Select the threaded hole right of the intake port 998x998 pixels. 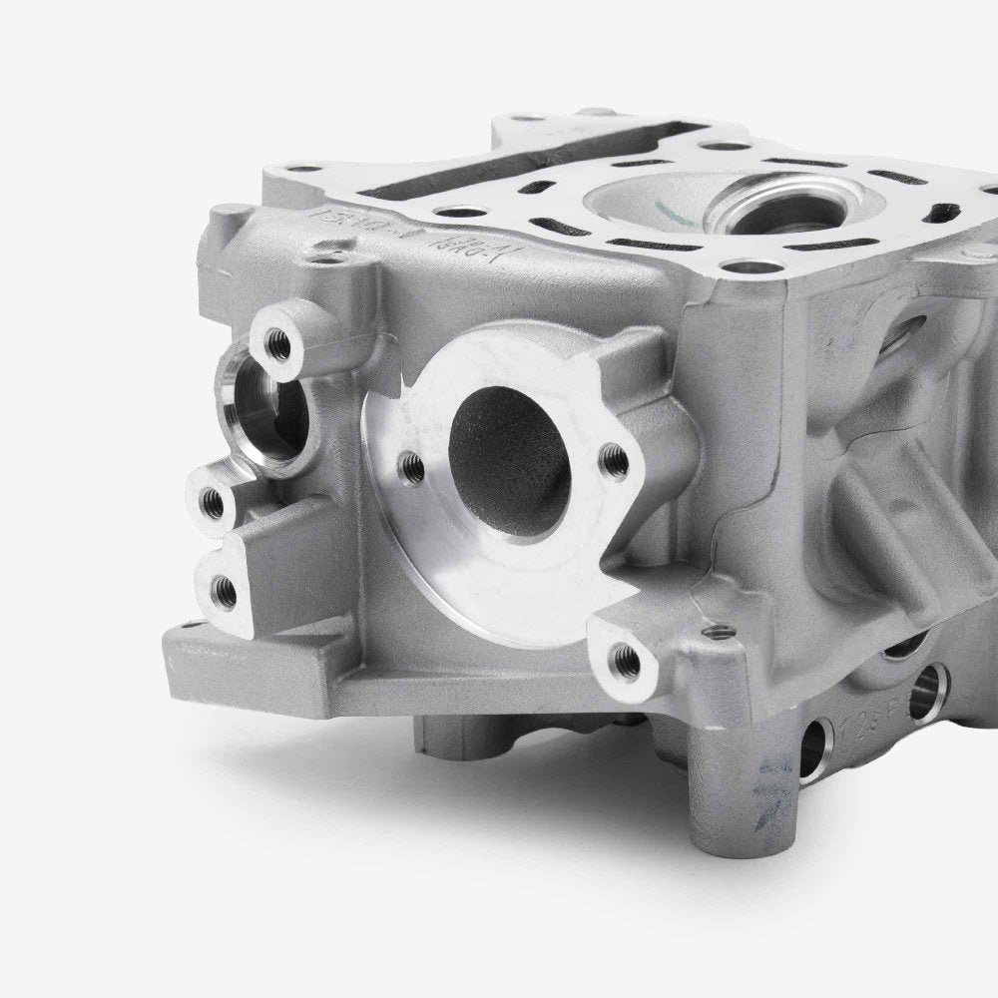tap(617, 459)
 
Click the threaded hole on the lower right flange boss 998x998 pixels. tap(625, 657)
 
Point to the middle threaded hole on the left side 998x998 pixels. tap(212, 499)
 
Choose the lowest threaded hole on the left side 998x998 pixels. tap(225, 592)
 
